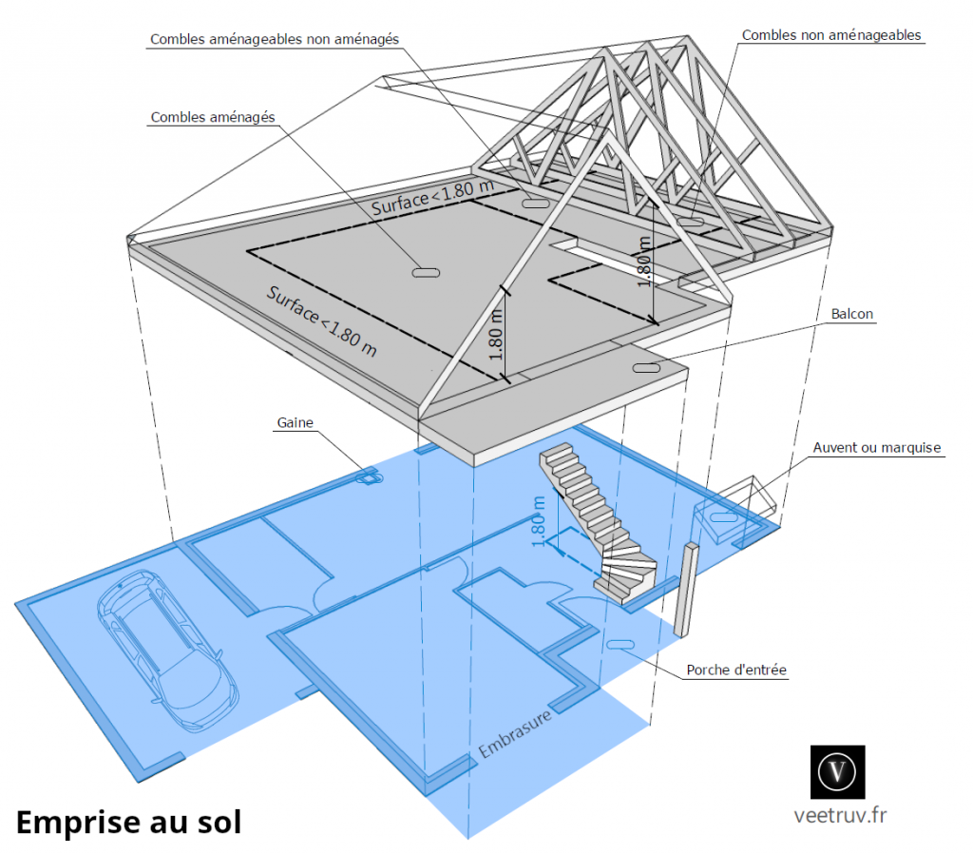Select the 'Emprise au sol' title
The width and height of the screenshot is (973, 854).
128,822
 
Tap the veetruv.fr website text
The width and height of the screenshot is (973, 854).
839,814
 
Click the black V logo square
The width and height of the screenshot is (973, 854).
838,771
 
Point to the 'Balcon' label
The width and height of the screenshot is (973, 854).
852,313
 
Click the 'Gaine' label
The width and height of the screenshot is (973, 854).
296,422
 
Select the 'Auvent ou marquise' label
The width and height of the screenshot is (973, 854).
876,447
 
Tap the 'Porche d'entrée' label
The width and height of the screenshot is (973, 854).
736,670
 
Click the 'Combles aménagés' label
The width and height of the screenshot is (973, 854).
213,117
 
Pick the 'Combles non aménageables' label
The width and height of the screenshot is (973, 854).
831,35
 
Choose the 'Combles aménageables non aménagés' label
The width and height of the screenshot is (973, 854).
274,39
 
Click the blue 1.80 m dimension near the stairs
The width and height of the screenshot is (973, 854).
540,521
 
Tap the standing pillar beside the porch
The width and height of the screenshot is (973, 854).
685,590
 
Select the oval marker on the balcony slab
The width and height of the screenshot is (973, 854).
646,367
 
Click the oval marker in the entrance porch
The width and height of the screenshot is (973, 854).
620,645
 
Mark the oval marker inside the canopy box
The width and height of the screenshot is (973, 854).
724,517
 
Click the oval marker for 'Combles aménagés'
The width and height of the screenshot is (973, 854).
425,273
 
